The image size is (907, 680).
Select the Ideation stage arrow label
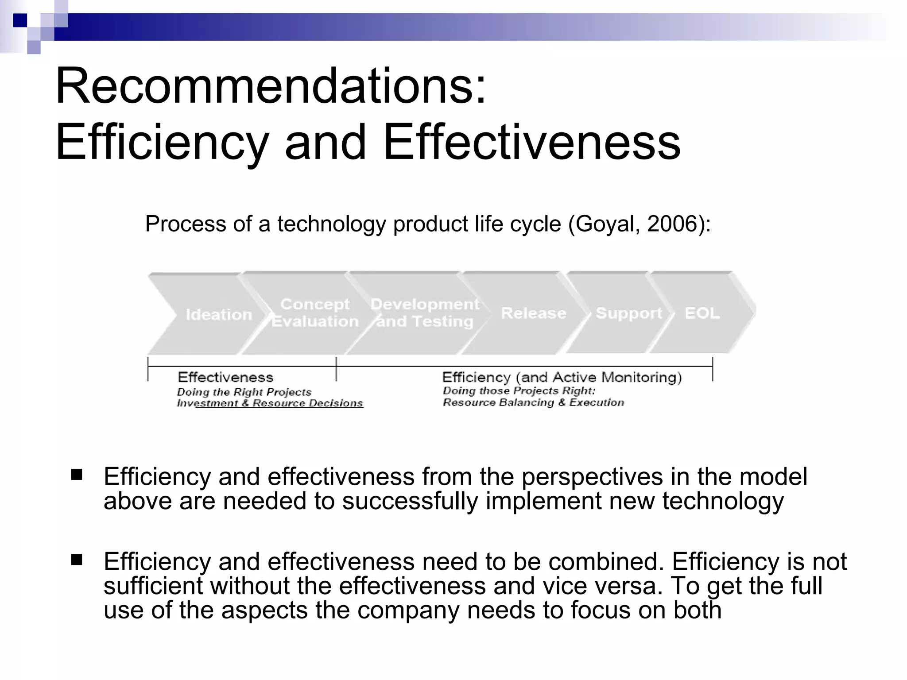coord(219,315)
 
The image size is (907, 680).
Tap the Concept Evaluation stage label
coord(315,313)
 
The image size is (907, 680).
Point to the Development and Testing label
coord(425,313)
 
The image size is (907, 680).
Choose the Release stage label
coord(533,313)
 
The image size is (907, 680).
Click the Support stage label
coord(629,313)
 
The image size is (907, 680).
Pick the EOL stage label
coord(702,313)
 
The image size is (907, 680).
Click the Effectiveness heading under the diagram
coord(225,377)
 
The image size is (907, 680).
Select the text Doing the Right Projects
coord(244,392)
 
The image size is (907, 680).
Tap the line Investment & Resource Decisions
coord(270,403)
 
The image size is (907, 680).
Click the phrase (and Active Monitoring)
coord(599,377)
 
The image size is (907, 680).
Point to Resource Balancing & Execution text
coord(533,402)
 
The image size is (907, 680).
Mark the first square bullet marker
coord(76,475)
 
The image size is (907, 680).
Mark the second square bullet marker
coord(76,560)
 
